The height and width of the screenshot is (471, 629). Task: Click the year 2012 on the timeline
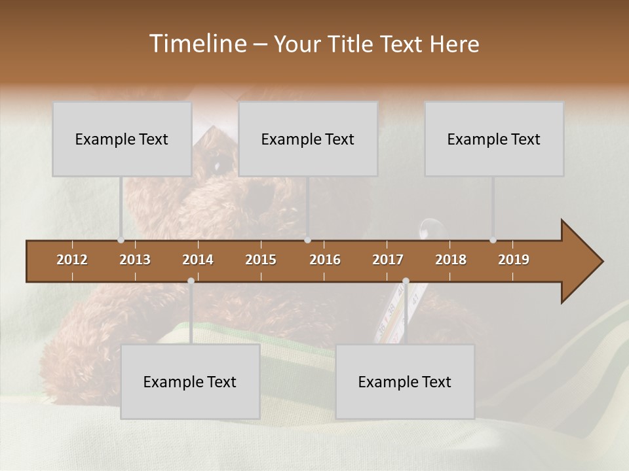72,260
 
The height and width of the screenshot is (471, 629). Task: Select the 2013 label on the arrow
135,260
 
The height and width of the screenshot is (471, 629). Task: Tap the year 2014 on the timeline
198,260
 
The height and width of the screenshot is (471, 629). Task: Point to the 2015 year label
261,260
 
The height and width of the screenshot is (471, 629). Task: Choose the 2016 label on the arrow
325,260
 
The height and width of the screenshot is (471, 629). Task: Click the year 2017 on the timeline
388,260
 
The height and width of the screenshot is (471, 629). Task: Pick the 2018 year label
451,260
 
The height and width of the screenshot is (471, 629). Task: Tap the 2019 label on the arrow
514,260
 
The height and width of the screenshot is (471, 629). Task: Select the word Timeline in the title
197,44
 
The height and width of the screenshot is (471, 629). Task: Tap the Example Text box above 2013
122,139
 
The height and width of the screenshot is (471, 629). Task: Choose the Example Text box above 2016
308,139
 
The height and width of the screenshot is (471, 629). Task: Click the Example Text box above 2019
494,139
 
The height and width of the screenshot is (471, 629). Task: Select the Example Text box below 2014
190,381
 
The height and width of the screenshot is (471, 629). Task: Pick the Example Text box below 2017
405,381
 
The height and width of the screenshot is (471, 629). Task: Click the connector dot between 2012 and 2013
121,240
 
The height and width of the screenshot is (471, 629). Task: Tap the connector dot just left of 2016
308,240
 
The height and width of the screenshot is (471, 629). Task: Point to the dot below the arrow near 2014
191,281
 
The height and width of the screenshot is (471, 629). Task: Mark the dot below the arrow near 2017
406,281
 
